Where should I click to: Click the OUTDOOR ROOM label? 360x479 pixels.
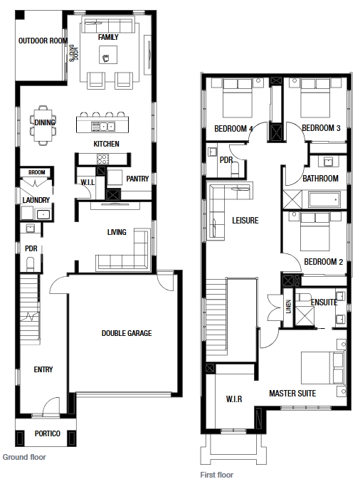click(43, 41)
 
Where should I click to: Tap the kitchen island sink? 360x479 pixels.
click(103, 126)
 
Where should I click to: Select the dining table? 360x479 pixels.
click(43, 125)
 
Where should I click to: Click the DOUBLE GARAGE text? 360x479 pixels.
click(127, 333)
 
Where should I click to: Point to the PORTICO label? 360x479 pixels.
click(48, 433)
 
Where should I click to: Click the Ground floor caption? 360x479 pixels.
click(24, 457)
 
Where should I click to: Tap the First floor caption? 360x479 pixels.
click(217, 475)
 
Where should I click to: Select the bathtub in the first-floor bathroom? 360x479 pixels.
click(324, 200)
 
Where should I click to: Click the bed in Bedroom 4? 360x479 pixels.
click(238, 98)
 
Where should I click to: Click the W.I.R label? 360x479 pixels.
click(234, 399)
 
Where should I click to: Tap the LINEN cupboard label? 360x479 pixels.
click(289, 306)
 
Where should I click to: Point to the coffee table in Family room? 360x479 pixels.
click(108, 55)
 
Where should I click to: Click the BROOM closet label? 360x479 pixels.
click(37, 172)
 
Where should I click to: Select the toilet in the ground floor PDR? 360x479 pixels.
click(30, 264)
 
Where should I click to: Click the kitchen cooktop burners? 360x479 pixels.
click(102, 159)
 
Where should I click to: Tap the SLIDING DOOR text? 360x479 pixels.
click(73, 53)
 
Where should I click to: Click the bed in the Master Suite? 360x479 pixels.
click(323, 368)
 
